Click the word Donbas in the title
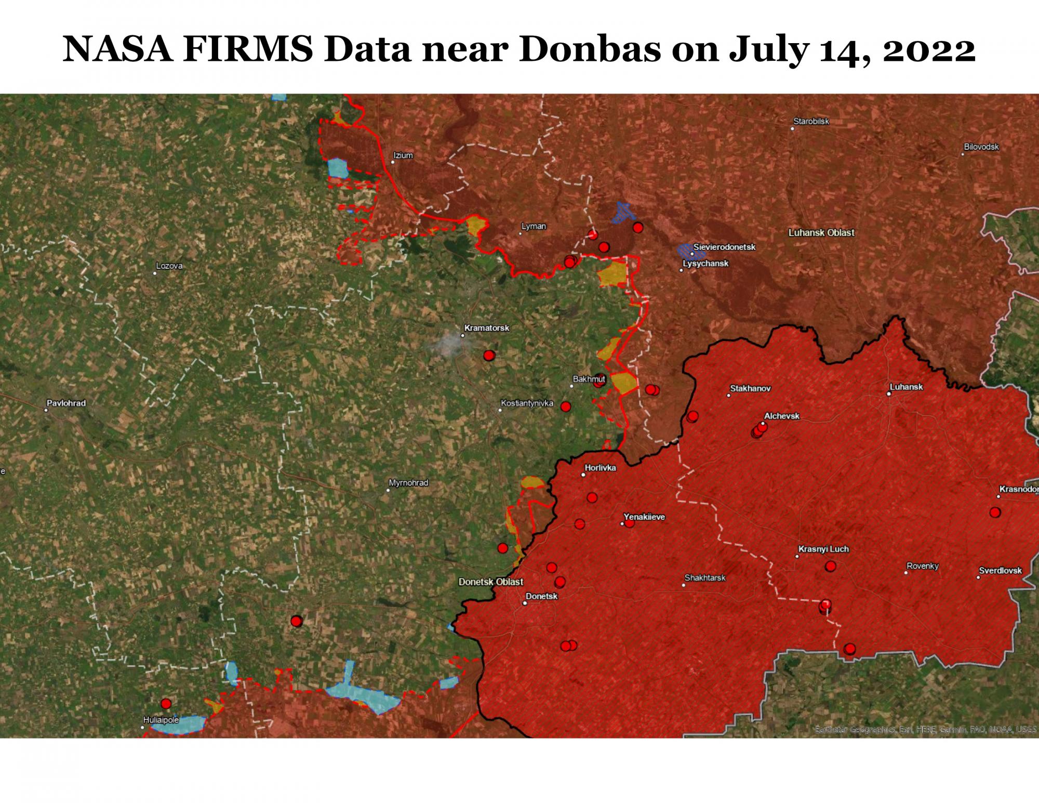590,50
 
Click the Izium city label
403,155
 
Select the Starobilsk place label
811,121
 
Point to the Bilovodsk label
981,147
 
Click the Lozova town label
169,266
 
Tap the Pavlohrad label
66,403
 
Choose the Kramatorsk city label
486,328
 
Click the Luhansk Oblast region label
821,232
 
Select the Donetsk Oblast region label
491,582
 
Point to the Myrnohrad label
408,483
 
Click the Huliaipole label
161,720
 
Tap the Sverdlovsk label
1000,570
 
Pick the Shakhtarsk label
705,577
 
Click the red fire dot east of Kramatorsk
489,356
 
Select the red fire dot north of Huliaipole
166,704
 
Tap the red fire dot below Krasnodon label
995,512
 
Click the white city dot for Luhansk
889,394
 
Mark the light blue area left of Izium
338,168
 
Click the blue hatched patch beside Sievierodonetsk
690,252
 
